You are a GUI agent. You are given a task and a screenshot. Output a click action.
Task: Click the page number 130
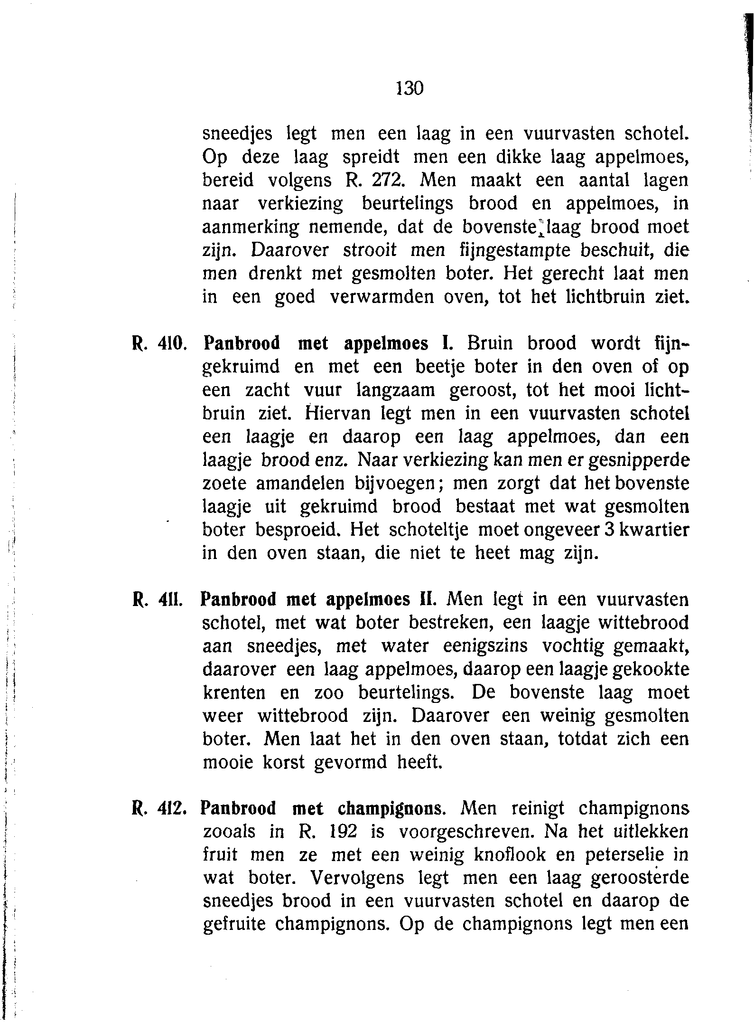point(409,88)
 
